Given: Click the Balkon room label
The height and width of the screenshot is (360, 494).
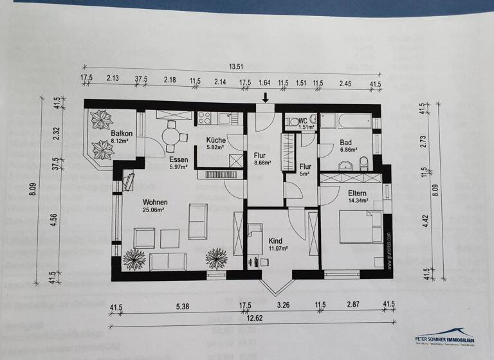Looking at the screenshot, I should point(102,133).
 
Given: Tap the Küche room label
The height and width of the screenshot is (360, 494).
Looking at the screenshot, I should point(215,140).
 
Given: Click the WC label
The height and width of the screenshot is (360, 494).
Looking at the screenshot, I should point(303,120).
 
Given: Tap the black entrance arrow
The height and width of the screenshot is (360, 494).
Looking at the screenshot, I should point(266,98).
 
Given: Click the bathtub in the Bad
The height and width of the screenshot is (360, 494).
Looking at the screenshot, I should point(346,122).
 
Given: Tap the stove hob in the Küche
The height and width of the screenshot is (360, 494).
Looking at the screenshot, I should point(205,118).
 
